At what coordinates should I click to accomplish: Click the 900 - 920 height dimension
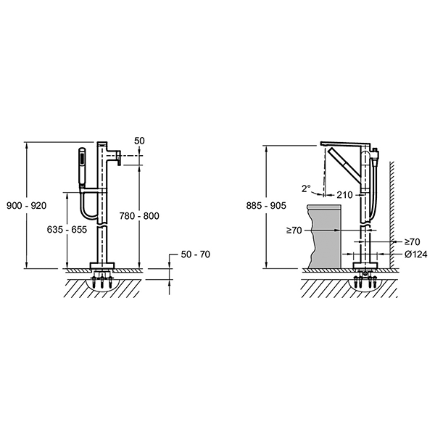point(27,206)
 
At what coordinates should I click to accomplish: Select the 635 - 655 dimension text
point(67,229)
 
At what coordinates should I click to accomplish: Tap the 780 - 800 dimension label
point(139,216)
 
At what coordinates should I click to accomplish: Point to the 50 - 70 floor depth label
point(196,254)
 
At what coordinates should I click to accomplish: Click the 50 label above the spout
point(139,141)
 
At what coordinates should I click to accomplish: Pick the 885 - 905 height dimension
point(266,206)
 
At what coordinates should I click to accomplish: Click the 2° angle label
point(306,189)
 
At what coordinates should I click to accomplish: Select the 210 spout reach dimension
point(344,195)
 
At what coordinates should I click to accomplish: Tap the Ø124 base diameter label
point(416,254)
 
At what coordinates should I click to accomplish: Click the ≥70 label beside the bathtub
point(294,230)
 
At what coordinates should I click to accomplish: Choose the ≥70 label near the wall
point(413,242)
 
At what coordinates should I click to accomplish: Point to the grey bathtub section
point(325,236)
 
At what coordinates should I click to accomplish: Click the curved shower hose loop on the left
point(88,203)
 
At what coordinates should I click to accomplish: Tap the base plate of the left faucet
point(102,265)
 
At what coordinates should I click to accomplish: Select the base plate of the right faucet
point(365,265)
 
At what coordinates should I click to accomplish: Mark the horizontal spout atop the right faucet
point(345,144)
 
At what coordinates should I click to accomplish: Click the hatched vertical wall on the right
point(392,215)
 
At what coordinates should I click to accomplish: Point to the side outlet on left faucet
point(115,156)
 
